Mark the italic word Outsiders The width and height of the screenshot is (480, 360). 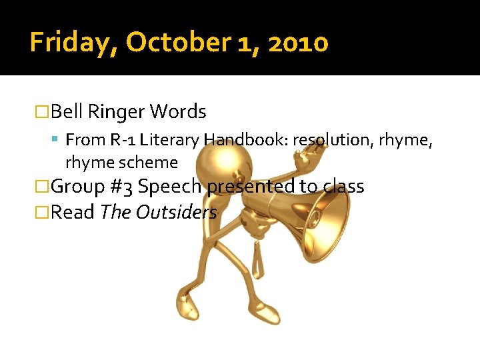177,212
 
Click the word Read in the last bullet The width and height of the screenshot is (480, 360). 73,212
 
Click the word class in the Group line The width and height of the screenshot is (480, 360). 343,187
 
